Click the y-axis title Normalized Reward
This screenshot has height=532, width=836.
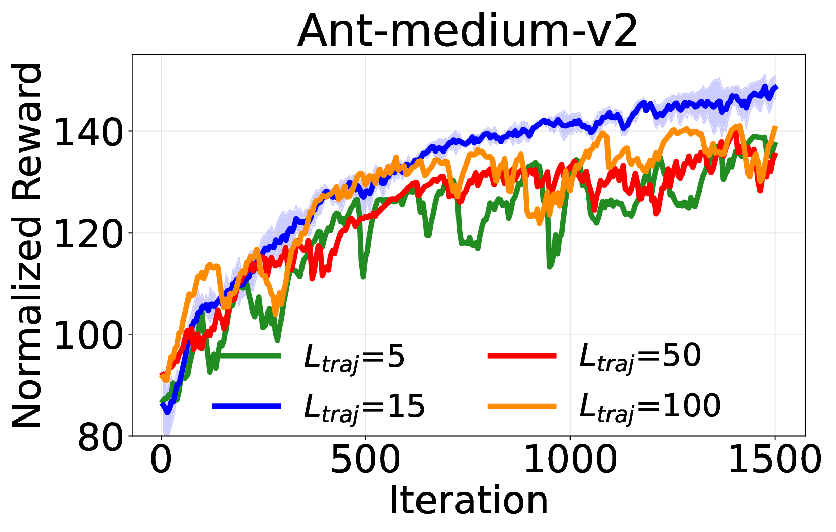[28, 246]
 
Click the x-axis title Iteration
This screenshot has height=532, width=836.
[468, 501]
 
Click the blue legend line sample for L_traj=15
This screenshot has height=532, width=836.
[247, 406]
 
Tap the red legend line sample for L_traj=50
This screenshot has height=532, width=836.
[522, 356]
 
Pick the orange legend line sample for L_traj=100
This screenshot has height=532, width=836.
[522, 406]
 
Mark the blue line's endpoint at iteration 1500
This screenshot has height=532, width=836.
[776, 88]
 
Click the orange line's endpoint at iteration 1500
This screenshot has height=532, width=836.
[776, 128]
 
